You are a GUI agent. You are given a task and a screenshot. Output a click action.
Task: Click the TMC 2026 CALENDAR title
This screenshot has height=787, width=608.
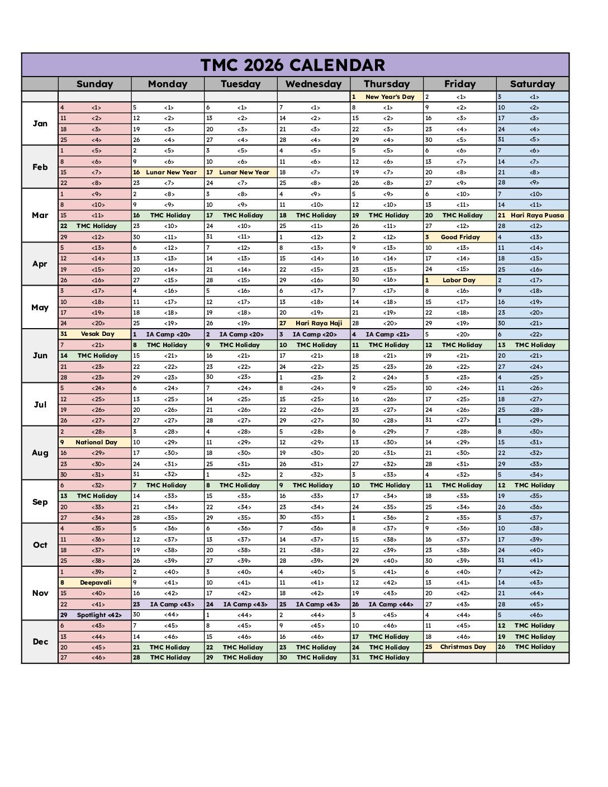(293, 65)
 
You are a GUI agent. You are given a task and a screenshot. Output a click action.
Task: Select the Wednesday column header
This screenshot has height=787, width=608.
(313, 84)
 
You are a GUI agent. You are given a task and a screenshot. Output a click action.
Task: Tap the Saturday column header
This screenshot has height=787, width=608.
(532, 84)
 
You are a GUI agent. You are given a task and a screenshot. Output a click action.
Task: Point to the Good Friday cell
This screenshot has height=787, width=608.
(460, 237)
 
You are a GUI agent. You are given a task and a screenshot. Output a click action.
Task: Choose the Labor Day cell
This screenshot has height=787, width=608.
(459, 280)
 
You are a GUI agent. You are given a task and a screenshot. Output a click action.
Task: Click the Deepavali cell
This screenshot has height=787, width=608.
(96, 582)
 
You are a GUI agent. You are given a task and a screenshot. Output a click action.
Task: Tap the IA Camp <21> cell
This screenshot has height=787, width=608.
(387, 334)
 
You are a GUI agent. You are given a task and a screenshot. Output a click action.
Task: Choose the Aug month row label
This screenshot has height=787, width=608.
(40, 453)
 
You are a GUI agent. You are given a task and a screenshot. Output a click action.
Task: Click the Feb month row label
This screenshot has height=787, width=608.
(40, 167)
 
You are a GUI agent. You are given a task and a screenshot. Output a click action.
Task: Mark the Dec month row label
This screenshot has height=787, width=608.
(40, 642)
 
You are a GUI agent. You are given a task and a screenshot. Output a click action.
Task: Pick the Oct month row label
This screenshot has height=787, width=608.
(40, 545)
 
